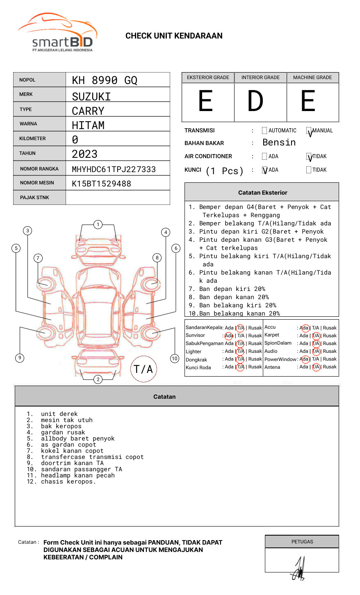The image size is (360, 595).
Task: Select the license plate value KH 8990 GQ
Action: point(105,80)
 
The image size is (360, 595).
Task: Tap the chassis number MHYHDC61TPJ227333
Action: point(114,169)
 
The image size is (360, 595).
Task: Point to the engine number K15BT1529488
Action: point(101,184)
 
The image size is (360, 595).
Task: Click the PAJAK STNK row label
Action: point(34,198)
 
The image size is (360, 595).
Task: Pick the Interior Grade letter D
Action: point(255,101)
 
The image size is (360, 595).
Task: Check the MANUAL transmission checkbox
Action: point(309,130)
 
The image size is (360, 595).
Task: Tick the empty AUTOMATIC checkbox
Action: point(264,130)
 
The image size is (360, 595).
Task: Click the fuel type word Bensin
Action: point(279,142)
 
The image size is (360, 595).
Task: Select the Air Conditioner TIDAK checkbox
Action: point(309,157)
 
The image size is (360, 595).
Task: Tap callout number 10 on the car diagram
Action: point(174,358)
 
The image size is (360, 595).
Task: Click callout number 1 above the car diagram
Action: point(98,225)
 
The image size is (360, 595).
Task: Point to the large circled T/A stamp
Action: point(144,369)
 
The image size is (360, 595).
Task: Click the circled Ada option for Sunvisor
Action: point(229,336)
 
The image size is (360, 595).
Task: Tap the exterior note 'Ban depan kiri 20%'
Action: point(232,289)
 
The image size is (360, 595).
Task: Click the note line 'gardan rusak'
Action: point(63,432)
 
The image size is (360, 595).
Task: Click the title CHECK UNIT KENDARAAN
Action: point(174,36)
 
